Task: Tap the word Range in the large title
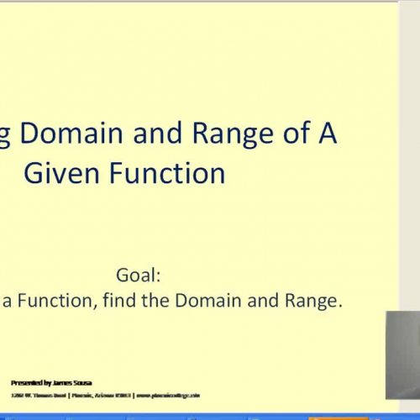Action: [220, 135]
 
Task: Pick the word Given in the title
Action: [57, 173]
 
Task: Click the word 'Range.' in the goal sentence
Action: [307, 300]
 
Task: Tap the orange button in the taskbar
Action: [333, 415]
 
